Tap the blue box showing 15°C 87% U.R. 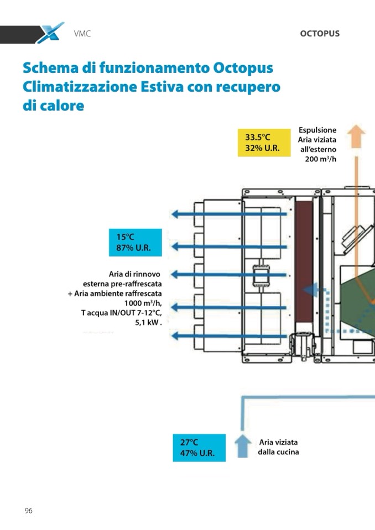[135, 243]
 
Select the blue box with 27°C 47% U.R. [199, 448]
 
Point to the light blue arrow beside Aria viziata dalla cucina [242, 446]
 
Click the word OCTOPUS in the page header [320, 34]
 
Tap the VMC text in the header [82, 34]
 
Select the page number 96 [28, 511]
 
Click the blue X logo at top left [50, 33]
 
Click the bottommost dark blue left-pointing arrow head [175, 335]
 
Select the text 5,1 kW [148, 323]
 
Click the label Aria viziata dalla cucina [279, 447]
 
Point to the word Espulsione [317, 130]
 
